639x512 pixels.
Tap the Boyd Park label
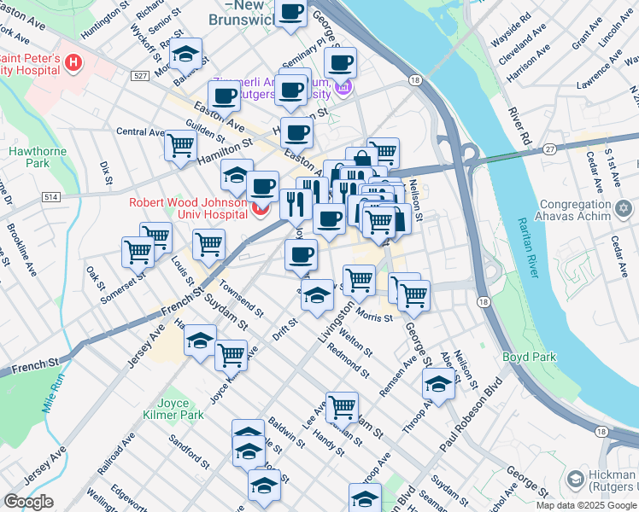[529, 357]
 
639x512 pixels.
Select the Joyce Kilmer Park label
[179, 409]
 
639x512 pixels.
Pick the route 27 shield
[549, 148]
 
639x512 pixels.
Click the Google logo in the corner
[28, 502]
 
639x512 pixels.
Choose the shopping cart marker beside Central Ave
[181, 145]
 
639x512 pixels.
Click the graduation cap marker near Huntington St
[185, 54]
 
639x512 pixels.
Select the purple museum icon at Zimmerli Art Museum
[344, 87]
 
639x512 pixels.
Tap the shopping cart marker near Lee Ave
[342, 406]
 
